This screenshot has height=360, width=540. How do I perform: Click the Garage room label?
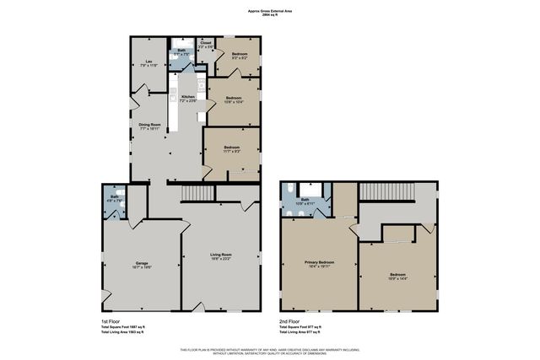[x=142, y=265]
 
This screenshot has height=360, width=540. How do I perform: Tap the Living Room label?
[x=221, y=255]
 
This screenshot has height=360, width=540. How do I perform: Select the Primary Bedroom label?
[x=320, y=265]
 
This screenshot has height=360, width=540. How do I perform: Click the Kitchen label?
[x=188, y=98]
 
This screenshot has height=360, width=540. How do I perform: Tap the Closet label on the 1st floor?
[x=205, y=44]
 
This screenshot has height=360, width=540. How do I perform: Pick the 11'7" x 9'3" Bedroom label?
[x=232, y=149]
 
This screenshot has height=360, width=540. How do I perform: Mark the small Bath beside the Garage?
[x=113, y=200]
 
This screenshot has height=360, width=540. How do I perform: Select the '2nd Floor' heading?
[x=290, y=321]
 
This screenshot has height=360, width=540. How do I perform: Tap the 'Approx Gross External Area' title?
[x=270, y=12]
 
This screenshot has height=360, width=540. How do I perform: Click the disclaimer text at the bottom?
[x=270, y=351]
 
